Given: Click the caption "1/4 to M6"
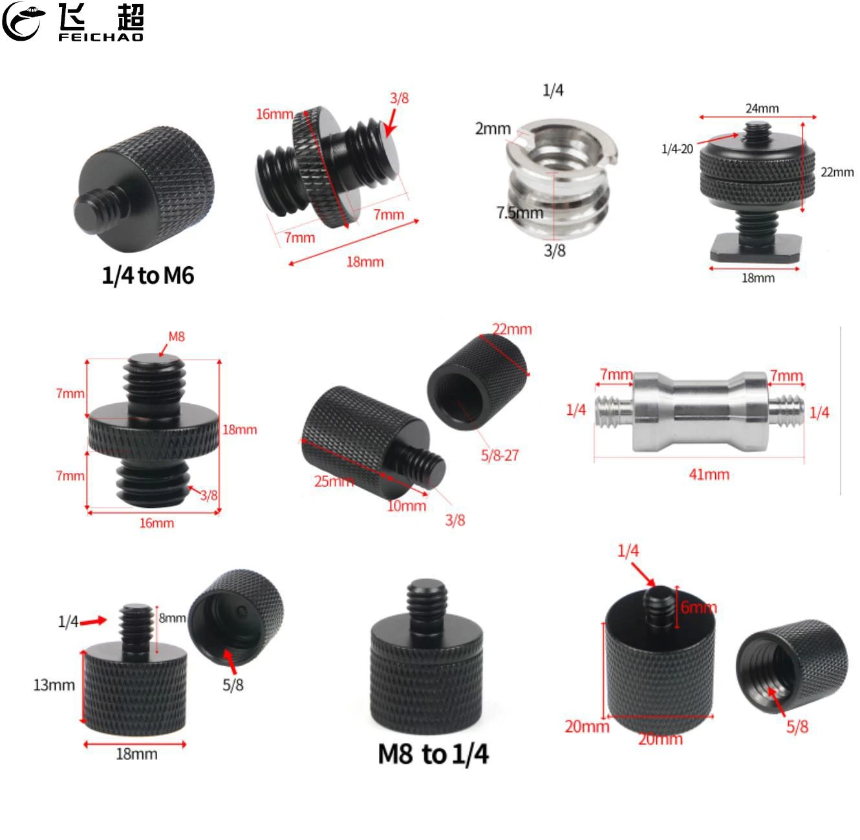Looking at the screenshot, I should tap(147, 276).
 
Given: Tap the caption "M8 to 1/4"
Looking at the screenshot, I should tap(433, 754).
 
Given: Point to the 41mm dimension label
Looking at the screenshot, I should tap(709, 475).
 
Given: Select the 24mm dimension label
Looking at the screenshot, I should tap(762, 109).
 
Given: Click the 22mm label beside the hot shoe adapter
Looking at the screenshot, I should tap(837, 172).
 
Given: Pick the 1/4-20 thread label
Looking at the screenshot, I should tap(676, 149).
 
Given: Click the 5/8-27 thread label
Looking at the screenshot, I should tap(499, 456).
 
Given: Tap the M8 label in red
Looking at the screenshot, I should tap(177, 337).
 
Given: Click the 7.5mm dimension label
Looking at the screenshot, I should tap(519, 213).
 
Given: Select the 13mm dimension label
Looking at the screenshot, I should tap(54, 685).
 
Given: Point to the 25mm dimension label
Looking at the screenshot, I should tap(333, 481).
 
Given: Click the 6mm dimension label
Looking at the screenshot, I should tap(698, 607).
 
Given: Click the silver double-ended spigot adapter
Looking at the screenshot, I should tap(700, 411).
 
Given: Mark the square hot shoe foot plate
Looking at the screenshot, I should tap(755, 248).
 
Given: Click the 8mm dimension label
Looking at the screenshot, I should tap(172, 618).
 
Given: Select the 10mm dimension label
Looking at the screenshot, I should tap(406, 506).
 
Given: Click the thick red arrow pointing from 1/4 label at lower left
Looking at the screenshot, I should tap(94, 621).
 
